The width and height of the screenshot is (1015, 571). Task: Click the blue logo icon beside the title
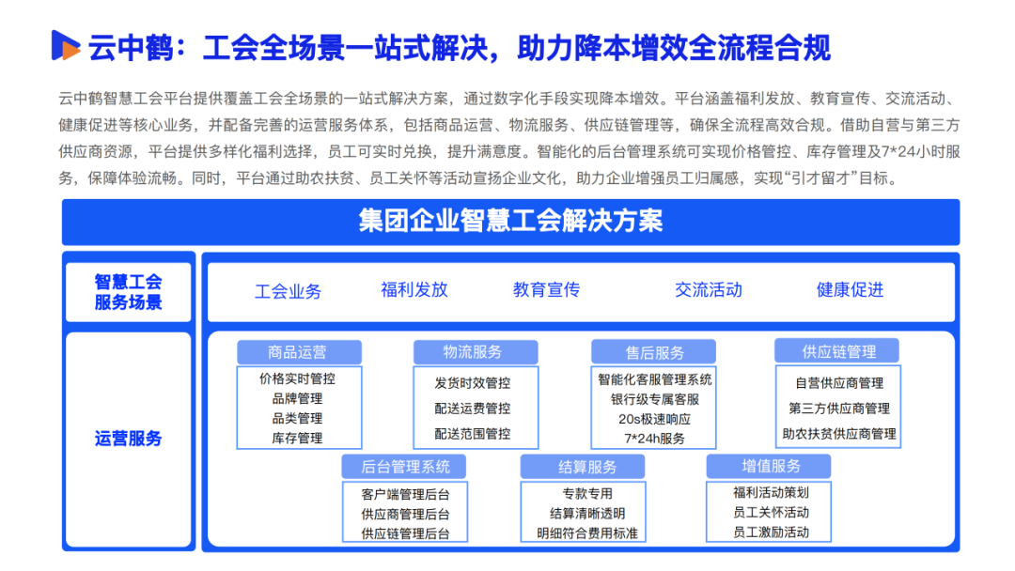click(66, 46)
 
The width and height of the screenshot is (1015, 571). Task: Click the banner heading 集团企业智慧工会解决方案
click(510, 222)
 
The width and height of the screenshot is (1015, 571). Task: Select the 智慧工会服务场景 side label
click(129, 292)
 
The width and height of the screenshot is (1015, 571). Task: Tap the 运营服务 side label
click(129, 439)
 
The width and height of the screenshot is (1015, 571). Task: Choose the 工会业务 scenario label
click(288, 291)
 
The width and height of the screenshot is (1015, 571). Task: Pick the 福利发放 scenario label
click(414, 289)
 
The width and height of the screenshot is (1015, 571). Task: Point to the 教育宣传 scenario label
click(546, 289)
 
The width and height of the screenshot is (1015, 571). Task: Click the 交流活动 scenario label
click(708, 289)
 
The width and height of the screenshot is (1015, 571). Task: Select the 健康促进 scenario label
click(850, 289)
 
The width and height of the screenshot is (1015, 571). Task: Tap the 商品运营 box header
click(298, 352)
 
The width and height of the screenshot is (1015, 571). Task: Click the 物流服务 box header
click(473, 352)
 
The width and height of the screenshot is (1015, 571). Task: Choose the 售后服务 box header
click(655, 353)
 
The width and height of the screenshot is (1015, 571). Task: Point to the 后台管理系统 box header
click(405, 467)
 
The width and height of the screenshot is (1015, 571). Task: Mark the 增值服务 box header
click(771, 466)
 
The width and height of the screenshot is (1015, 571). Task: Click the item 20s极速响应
click(655, 419)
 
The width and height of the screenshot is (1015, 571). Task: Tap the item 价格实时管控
click(298, 379)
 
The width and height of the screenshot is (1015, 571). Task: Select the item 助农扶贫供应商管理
click(838, 435)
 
